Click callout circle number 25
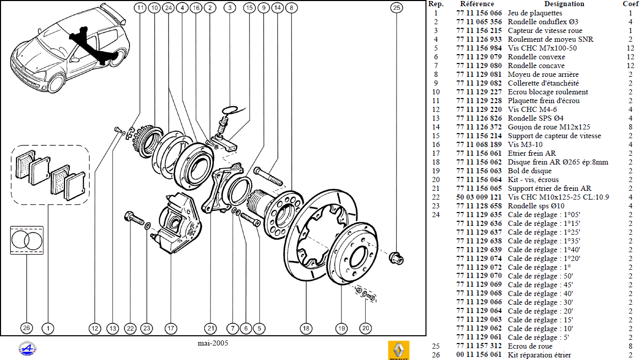[x=397, y=8]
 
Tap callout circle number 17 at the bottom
[x=171, y=329]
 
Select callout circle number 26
[x=26, y=328]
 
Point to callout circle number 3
[x=229, y=8]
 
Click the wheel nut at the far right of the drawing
[x=397, y=258]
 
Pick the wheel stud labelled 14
[x=268, y=176]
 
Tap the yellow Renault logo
[x=399, y=350]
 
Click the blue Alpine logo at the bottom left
[x=27, y=349]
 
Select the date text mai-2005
[x=213, y=343]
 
